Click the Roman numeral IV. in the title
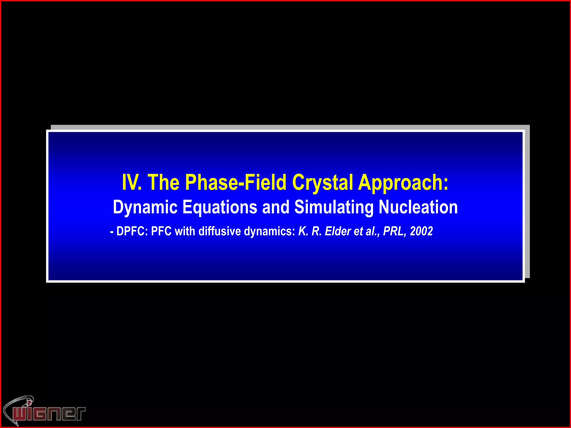tap(132, 183)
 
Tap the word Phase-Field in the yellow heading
tap(236, 183)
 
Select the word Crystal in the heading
tap(323, 183)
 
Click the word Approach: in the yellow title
tap(403, 183)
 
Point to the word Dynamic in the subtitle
tap(145, 207)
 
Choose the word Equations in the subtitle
tap(220, 207)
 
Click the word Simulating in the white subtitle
tap(334, 207)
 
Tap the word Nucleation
tap(418, 207)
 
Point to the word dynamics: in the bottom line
tap(269, 231)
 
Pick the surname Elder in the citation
tap(338, 231)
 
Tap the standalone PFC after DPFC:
tap(161, 231)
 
